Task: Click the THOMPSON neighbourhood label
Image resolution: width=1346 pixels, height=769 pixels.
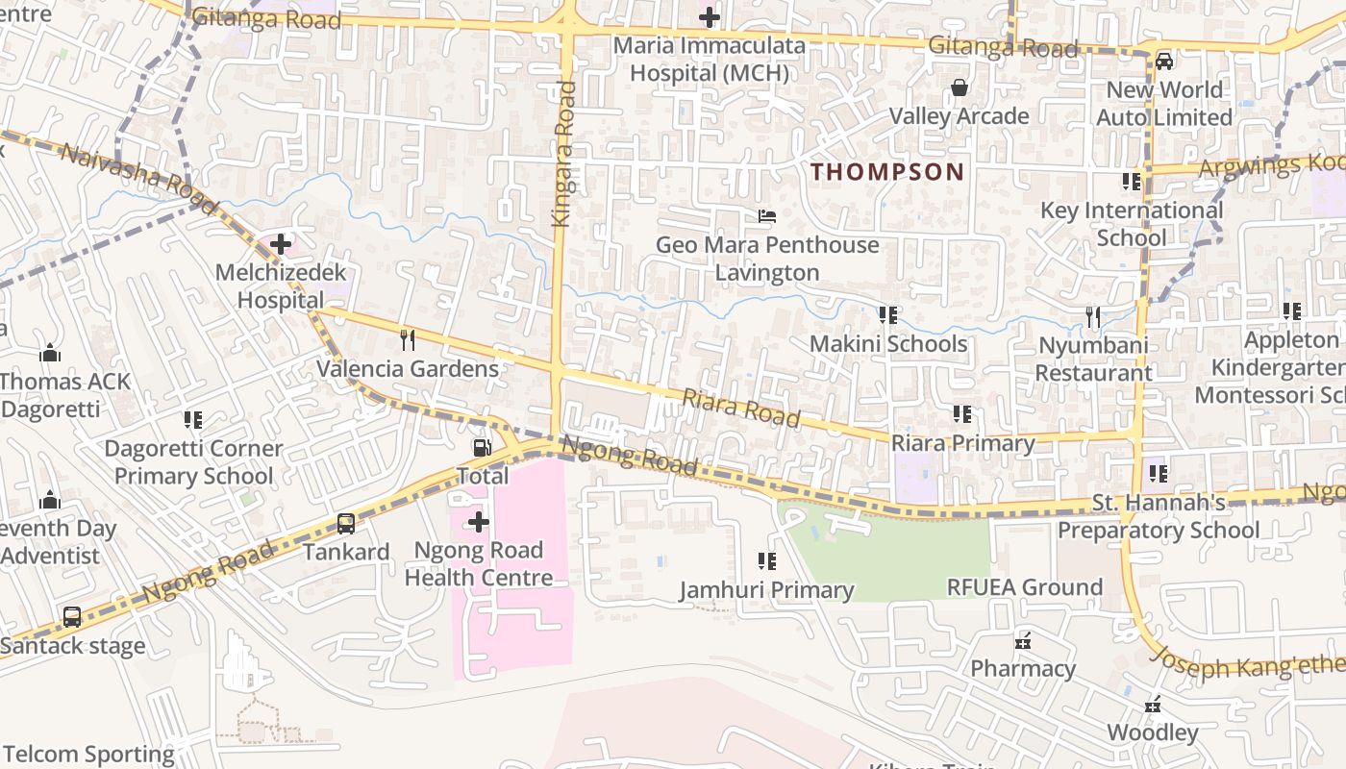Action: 886,172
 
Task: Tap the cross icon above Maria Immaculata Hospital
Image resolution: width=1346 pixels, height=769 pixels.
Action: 709,17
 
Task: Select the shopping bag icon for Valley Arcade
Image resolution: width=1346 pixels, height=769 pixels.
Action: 959,88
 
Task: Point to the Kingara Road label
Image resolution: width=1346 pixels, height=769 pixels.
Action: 564,154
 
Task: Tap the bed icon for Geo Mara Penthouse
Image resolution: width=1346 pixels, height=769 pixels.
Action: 766,216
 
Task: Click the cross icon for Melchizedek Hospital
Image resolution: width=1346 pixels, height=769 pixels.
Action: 281,244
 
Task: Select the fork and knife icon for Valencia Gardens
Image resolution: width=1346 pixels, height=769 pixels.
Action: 408,339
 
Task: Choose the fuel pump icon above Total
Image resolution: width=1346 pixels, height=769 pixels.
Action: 482,447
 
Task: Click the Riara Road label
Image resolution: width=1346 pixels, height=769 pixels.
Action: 741,408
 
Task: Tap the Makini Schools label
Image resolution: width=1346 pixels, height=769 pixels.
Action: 887,343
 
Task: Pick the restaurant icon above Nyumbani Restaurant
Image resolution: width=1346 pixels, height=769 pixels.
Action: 1092,316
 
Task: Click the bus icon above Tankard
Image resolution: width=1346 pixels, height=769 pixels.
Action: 346,524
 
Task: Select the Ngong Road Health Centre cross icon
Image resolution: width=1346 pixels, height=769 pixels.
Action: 478,522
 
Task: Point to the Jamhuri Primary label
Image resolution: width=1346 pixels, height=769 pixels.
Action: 766,589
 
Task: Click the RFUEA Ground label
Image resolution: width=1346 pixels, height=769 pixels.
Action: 1024,587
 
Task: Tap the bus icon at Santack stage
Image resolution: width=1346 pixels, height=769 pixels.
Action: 72,617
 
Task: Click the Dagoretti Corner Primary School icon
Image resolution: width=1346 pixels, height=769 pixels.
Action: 193,420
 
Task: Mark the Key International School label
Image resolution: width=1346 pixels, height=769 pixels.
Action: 1132,223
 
